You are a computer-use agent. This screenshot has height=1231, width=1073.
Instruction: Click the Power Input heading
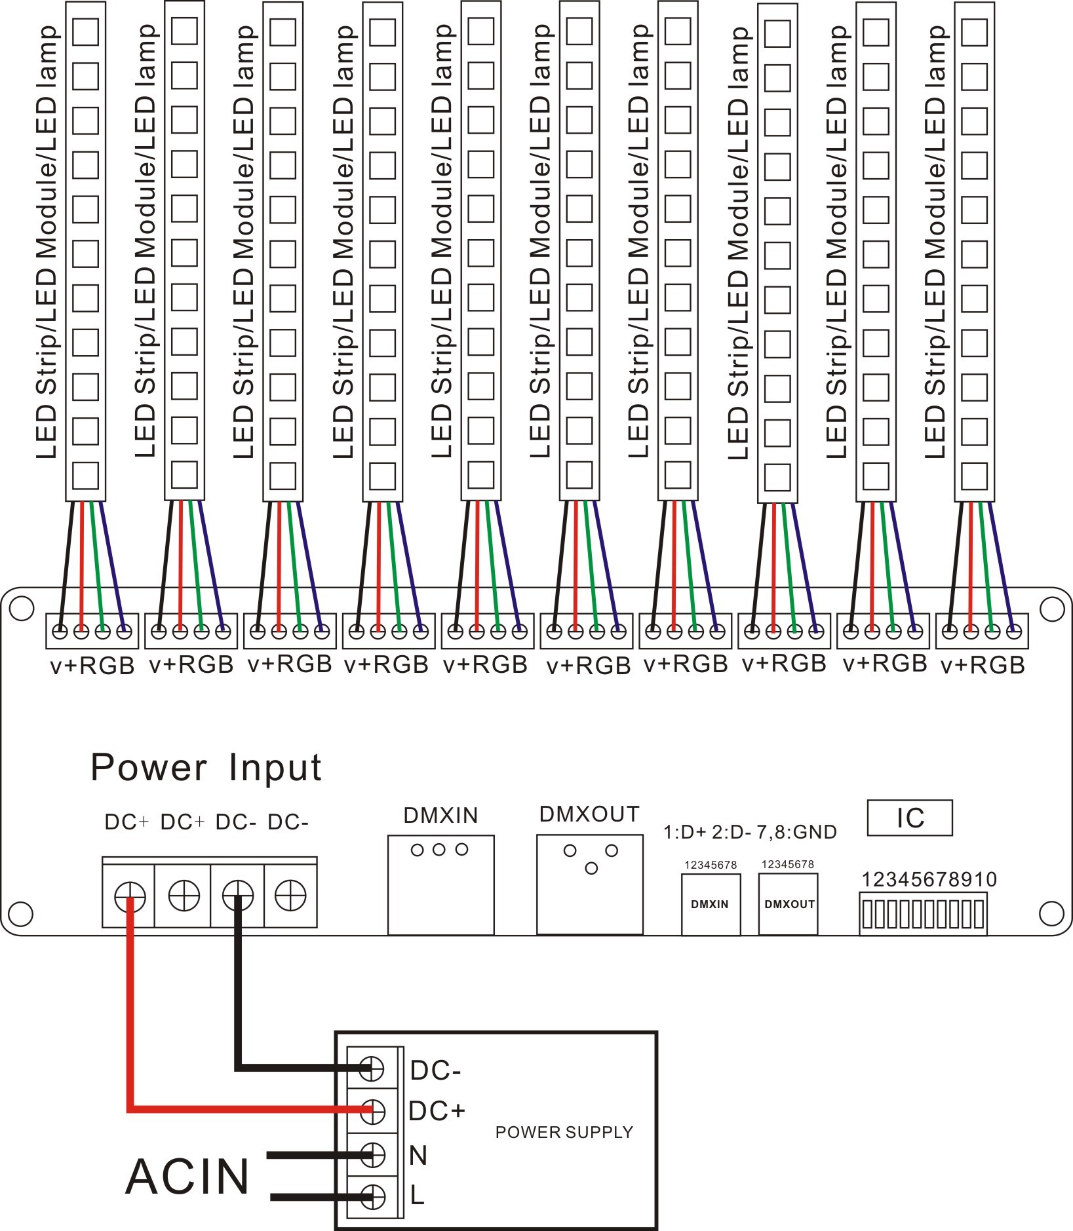tap(206, 767)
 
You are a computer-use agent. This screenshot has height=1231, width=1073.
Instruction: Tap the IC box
tap(909, 818)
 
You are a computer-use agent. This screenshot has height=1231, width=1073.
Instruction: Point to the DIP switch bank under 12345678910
tap(922, 915)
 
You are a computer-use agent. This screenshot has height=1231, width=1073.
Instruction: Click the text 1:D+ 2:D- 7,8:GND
tap(750, 833)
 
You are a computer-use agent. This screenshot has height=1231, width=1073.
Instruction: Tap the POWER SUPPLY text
tap(564, 1132)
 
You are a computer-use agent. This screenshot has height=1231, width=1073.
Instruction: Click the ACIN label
tap(187, 1177)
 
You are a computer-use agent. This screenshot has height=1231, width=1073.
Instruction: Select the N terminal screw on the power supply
tap(372, 1156)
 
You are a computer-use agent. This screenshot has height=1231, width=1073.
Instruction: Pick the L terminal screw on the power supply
tap(372, 1196)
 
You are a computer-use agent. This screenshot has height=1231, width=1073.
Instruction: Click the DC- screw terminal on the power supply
tap(372, 1069)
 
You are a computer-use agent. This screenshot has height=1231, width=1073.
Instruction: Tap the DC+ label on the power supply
tap(437, 1111)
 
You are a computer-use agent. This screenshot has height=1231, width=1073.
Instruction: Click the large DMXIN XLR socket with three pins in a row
tap(440, 884)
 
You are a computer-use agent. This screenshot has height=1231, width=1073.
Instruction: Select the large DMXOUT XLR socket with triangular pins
tap(589, 884)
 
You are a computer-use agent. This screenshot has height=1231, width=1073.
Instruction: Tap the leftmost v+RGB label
tap(92, 666)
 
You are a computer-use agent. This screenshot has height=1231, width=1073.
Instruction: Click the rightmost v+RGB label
tap(983, 666)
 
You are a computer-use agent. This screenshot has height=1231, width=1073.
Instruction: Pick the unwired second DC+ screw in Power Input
tap(184, 895)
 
